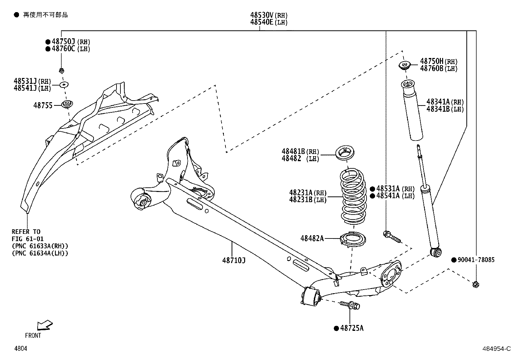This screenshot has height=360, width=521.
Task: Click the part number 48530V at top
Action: coord(262,15)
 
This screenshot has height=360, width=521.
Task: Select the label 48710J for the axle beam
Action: coord(234,261)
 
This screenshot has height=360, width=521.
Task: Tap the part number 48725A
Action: coord(351,328)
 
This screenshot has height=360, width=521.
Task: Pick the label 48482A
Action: coord(312,238)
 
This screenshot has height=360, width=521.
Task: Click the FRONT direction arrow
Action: coord(44,325)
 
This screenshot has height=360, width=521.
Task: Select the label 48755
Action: coord(43,105)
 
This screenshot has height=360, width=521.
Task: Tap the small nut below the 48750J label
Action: coord(61,70)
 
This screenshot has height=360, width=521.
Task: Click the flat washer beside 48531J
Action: coord(64,85)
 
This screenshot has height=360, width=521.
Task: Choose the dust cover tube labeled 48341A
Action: coord(412,111)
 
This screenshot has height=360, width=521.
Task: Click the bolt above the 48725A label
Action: coord(350,305)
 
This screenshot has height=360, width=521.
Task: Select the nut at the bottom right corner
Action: coord(476,284)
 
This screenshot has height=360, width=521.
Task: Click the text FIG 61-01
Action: coord(27,239)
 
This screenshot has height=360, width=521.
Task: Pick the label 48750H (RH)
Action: coord(438,61)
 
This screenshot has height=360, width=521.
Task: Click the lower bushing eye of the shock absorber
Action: coord(436,252)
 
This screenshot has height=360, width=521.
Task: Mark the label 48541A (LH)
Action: coord(395,196)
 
